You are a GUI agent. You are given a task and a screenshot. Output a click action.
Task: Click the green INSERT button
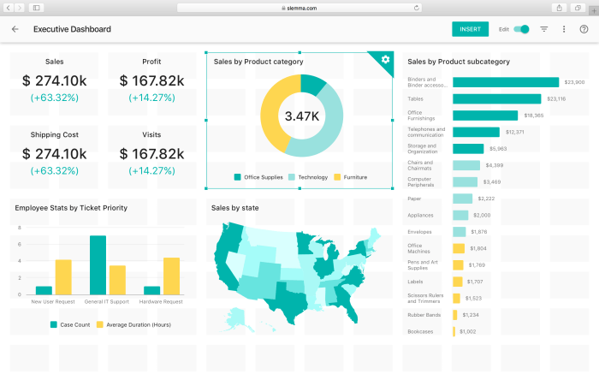470,29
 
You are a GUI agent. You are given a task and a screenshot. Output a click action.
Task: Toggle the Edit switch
521,29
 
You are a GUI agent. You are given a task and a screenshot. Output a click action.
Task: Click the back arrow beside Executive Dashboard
15,29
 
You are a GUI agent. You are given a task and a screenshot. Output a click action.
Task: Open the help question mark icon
584,29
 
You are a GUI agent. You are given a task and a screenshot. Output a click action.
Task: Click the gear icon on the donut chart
385,59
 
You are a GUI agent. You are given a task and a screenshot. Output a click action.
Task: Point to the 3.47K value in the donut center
300,116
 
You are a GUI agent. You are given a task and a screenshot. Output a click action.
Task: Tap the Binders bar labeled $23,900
505,82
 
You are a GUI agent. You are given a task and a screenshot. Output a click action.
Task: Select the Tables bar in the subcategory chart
496,99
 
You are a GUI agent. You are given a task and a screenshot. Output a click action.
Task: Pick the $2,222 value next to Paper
484,199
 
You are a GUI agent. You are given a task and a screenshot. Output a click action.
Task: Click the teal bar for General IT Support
98,265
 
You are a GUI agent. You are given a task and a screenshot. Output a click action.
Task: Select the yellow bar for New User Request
63,276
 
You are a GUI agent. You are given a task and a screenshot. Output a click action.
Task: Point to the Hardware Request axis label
161,301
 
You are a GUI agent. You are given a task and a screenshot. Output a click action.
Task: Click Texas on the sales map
282,296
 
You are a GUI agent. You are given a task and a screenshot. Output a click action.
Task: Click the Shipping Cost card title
54,134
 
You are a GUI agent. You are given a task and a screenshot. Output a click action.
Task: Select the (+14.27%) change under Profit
151,98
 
